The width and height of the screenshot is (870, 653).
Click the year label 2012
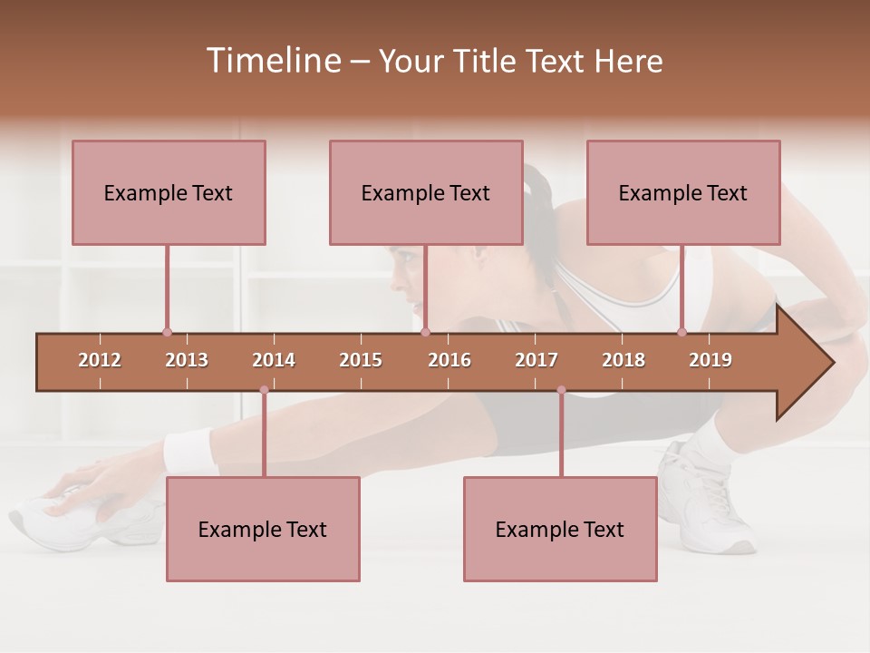(100, 360)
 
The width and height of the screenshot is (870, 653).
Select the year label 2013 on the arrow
(187, 360)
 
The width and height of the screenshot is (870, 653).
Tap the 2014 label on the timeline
(274, 360)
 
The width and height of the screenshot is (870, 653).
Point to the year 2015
(361, 360)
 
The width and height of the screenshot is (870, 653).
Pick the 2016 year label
(449, 360)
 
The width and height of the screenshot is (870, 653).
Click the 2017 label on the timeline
(536, 360)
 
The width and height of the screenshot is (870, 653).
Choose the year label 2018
(623, 360)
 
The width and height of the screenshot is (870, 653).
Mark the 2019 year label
(710, 360)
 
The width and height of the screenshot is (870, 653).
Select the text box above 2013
(169, 192)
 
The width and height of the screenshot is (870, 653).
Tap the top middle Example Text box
(426, 192)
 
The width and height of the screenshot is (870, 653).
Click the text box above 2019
(683, 192)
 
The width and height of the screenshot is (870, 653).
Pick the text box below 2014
(263, 529)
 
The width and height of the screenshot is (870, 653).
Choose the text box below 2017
(560, 529)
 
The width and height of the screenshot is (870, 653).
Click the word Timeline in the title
(272, 61)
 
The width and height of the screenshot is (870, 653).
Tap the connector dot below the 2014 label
(264, 390)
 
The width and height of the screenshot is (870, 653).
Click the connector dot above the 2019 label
(681, 332)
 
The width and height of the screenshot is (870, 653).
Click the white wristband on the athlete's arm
(188, 449)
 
